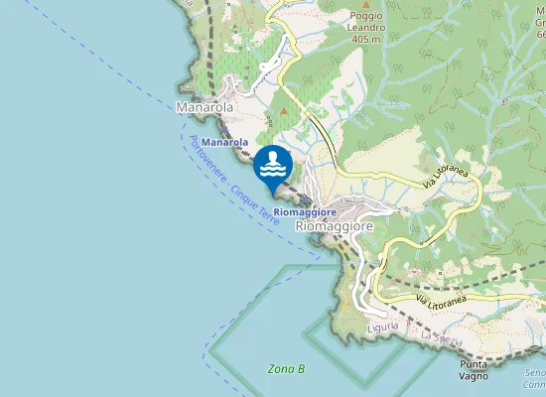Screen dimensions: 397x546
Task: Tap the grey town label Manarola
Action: [x=205, y=106]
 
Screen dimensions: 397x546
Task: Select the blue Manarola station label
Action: [x=224, y=143]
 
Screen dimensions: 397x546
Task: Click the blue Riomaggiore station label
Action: [x=306, y=211]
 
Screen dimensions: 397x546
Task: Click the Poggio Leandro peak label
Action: [x=366, y=27]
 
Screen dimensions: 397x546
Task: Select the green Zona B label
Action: [x=287, y=369]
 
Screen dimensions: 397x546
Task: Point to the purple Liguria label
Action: [x=383, y=326]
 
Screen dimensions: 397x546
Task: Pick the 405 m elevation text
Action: [x=366, y=39]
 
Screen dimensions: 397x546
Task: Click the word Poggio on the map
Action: [x=366, y=15]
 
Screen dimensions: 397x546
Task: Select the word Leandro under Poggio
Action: [x=366, y=27]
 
